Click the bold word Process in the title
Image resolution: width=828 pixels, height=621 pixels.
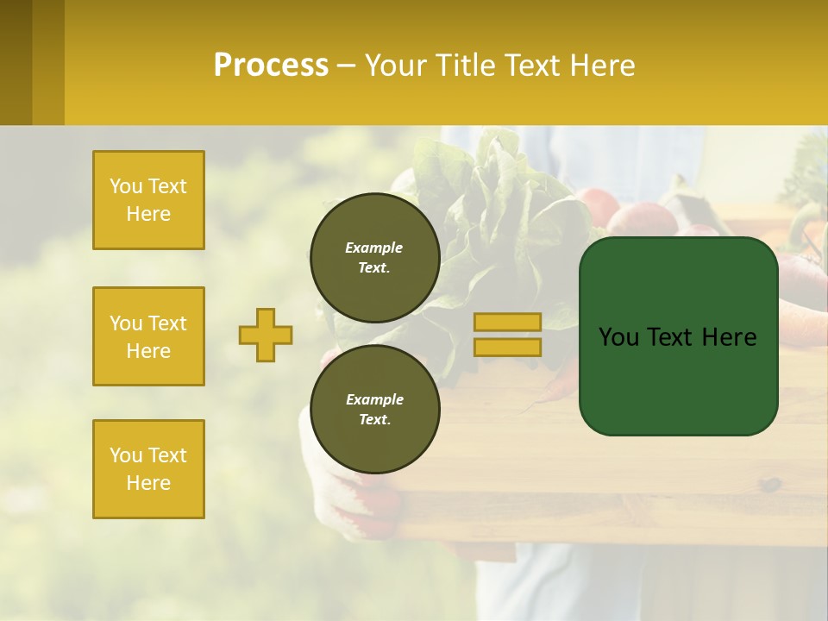(271, 66)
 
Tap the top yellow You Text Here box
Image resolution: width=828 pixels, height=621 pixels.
(148, 200)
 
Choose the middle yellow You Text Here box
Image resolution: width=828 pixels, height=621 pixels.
(148, 336)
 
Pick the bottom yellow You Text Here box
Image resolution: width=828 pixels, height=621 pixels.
(148, 469)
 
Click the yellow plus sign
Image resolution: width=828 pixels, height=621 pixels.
(266, 335)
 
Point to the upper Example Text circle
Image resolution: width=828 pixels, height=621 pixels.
(374, 257)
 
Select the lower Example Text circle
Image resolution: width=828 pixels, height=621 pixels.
(374, 409)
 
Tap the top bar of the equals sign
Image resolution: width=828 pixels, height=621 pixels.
(507, 322)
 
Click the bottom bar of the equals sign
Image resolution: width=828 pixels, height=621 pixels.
(507, 347)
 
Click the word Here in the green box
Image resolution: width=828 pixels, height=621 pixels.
(729, 337)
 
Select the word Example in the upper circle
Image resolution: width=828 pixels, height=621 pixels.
(374, 248)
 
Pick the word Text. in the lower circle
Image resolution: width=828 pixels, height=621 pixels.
(374, 420)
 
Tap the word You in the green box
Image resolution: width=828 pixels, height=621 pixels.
(618, 337)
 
